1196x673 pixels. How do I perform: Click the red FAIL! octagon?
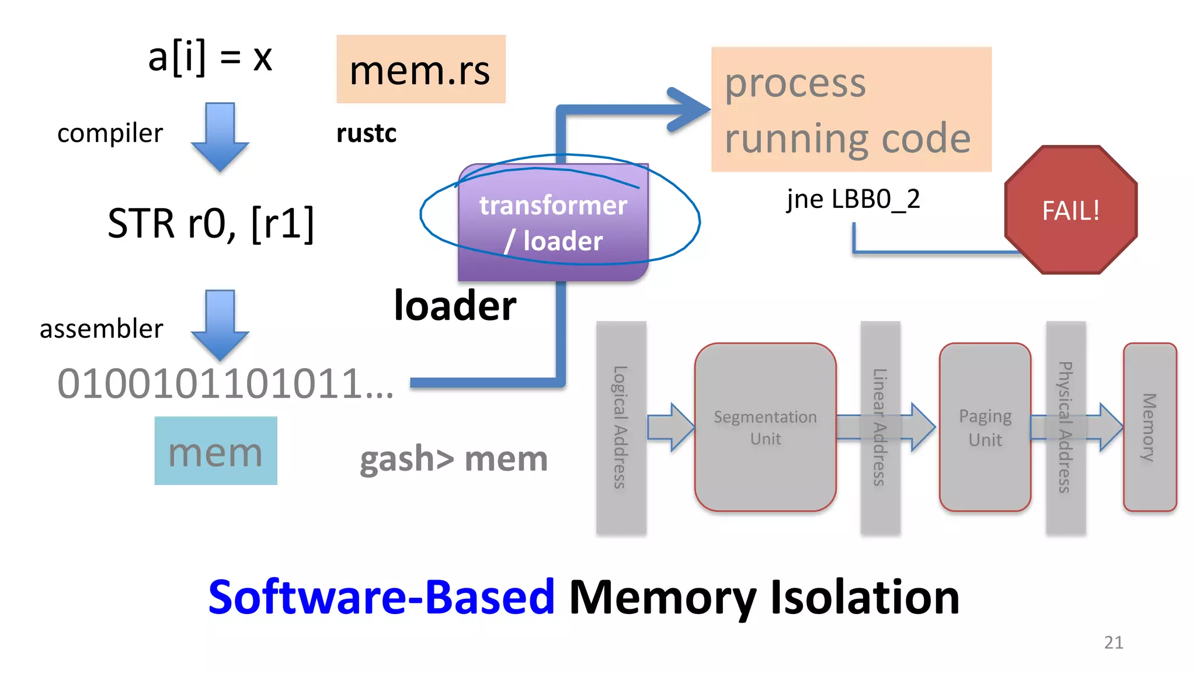(1070, 210)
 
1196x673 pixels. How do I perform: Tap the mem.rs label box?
(420, 70)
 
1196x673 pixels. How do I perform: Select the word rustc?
(366, 134)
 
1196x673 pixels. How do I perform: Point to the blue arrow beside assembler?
(220, 325)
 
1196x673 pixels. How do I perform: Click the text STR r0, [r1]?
(211, 224)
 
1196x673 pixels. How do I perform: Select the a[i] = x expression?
(210, 58)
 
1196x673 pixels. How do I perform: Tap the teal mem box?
(215, 451)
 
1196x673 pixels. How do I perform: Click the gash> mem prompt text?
(454, 459)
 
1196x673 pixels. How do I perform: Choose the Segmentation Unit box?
(765, 427)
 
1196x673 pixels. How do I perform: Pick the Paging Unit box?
(985, 427)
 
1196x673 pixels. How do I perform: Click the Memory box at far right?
(1149, 427)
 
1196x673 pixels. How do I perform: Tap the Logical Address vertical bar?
(621, 427)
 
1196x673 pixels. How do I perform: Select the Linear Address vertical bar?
(880, 427)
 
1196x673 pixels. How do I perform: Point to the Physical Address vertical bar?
(1065, 427)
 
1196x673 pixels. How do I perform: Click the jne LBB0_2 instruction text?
(853, 200)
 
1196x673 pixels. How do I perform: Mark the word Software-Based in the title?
(381, 598)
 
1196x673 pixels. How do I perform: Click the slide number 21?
(1113, 643)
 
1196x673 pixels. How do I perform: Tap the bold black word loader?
(455, 306)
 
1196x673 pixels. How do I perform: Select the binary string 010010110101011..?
(225, 384)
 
